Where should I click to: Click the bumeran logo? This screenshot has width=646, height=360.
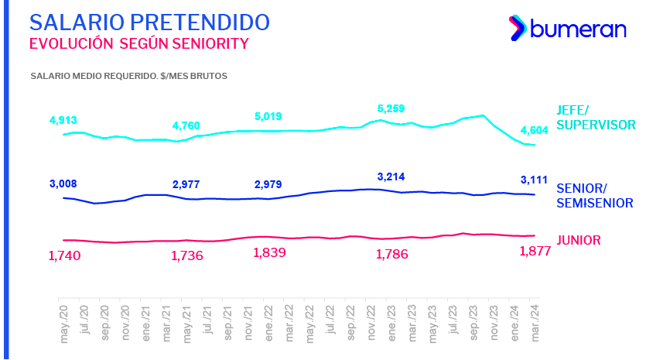point(566,29)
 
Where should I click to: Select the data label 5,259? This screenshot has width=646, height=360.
point(391,108)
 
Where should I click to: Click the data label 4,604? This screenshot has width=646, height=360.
point(534,130)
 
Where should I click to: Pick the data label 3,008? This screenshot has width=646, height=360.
point(63,183)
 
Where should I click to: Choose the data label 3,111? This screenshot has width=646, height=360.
point(534,180)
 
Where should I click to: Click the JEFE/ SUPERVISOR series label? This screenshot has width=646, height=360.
point(595,117)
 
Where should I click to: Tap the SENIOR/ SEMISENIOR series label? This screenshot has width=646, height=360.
point(593,196)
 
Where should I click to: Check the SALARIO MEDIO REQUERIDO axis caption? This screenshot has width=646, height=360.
point(128,76)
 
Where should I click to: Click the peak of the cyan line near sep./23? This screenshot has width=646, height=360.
point(483,115)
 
